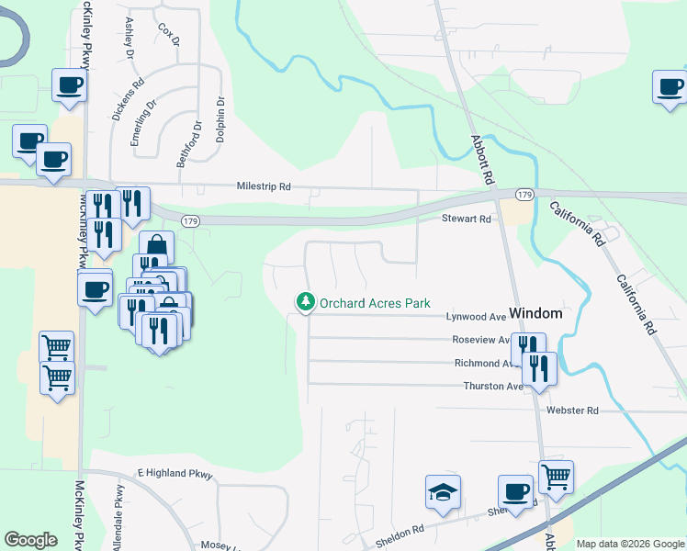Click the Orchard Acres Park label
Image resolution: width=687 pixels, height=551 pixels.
pos(375,302)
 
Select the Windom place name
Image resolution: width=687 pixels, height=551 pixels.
pos(535,313)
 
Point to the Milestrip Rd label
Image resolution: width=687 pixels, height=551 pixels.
pos(264,186)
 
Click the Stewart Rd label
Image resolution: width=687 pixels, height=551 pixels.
pos(467,219)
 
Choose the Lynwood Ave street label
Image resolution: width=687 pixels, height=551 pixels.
pos(477,317)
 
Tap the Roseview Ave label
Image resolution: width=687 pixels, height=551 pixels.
pos(479,340)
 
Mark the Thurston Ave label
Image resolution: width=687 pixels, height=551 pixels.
pos(493,387)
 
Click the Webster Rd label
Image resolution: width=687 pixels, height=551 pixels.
pos(572,410)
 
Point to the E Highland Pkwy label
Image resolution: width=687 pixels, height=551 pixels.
pos(175,475)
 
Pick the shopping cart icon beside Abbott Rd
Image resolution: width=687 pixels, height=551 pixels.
pos(556,476)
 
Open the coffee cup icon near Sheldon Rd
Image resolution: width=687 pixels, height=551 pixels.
pos(515,490)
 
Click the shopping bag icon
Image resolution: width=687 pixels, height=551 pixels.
pos(157,247)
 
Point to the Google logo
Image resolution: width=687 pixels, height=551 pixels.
pos(30,540)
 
